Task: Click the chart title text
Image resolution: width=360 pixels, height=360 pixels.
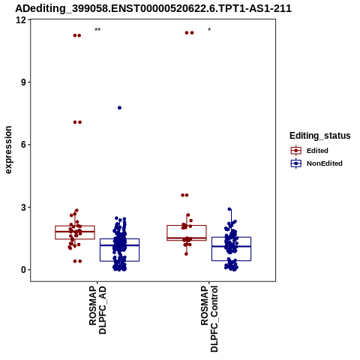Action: coord(153,8)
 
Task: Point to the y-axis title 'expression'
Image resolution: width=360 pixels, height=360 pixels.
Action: coord(8,150)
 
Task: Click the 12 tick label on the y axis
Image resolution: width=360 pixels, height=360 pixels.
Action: coord(21,19)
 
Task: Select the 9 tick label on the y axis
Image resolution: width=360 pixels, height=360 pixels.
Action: coord(23,82)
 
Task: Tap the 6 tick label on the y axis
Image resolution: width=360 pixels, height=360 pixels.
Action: coord(23,145)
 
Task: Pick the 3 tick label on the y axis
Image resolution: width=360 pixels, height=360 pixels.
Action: coord(23,207)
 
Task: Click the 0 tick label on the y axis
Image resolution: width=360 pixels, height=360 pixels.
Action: coord(23,270)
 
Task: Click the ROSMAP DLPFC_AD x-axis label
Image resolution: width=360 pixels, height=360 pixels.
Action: coord(97,310)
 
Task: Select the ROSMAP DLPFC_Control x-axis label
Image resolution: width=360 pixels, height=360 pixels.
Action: coord(209,319)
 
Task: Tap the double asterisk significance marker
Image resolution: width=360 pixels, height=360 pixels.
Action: coord(97,30)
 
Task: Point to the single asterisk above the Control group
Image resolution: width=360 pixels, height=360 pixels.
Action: coord(209,30)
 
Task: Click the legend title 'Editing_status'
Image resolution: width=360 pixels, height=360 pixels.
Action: coord(320,136)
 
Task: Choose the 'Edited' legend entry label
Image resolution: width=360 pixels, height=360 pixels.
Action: coord(317,151)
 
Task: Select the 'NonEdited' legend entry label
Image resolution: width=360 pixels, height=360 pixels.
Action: coord(325,163)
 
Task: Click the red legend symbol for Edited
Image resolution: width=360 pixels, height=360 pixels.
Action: coord(296,151)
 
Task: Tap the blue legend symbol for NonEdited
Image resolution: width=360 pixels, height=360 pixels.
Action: coord(296,163)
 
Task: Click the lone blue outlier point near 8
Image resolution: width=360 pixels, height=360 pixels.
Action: coord(119,108)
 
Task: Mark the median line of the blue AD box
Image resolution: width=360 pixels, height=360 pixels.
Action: coord(119,245)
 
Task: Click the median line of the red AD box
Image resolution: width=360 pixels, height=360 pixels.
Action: coord(75,232)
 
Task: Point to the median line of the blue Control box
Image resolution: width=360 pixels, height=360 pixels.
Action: coord(231,247)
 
